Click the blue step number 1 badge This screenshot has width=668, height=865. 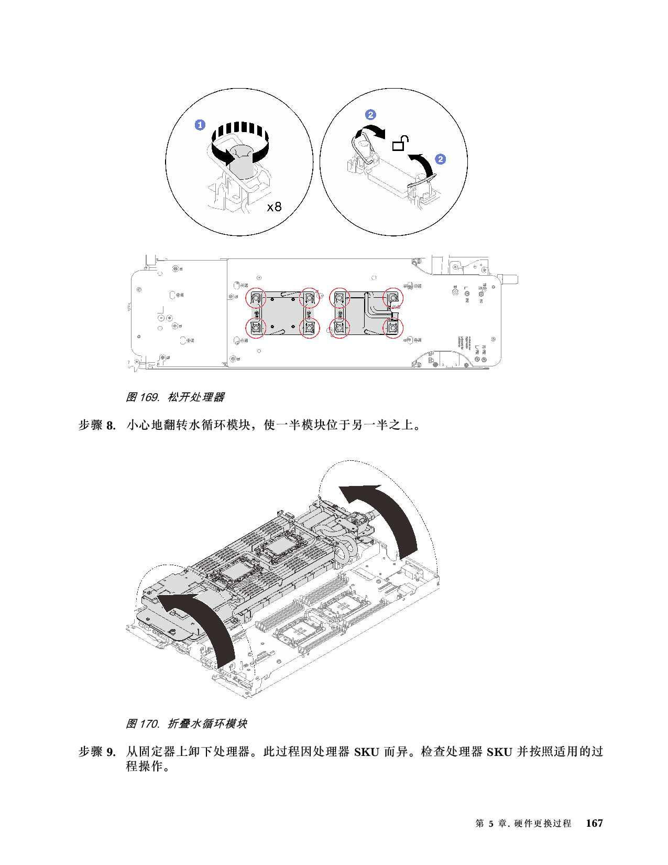(200, 125)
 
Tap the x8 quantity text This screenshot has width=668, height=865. (274, 207)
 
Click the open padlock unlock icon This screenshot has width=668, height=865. (400, 143)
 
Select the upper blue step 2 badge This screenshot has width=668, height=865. (370, 115)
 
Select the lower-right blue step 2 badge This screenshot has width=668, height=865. (441, 159)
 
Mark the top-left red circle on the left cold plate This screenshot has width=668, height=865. (256, 298)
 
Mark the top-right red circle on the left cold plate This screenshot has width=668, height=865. (309, 298)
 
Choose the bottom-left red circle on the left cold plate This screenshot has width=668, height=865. (256, 328)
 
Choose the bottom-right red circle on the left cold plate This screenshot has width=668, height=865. (309, 328)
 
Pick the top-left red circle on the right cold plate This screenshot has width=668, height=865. (340, 298)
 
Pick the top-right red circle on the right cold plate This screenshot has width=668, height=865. (393, 298)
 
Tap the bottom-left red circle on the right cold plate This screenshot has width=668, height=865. (340, 328)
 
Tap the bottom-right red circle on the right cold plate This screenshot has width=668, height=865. (393, 328)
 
